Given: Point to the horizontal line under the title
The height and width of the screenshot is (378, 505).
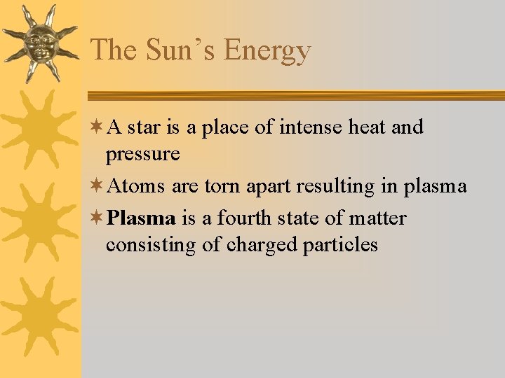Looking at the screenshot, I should click(x=295, y=96).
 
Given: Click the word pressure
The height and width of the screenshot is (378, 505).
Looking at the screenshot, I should click(x=143, y=155).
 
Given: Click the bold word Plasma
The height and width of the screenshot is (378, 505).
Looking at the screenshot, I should click(x=142, y=218).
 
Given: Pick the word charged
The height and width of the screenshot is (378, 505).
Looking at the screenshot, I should click(x=264, y=246).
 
